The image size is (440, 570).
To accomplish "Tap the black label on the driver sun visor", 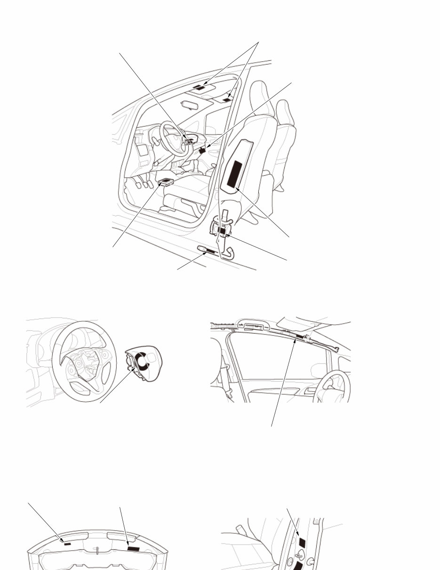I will pyautogui.click(x=200, y=88).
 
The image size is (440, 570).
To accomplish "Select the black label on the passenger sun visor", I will pyautogui.click(x=227, y=100).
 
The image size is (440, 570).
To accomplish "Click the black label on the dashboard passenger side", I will pyautogui.click(x=203, y=151).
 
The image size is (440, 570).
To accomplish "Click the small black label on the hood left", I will pyautogui.click(x=68, y=544).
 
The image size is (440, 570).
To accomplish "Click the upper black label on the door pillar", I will pyautogui.click(x=302, y=542).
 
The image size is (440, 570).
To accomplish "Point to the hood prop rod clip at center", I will pyautogui.click(x=97, y=550).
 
